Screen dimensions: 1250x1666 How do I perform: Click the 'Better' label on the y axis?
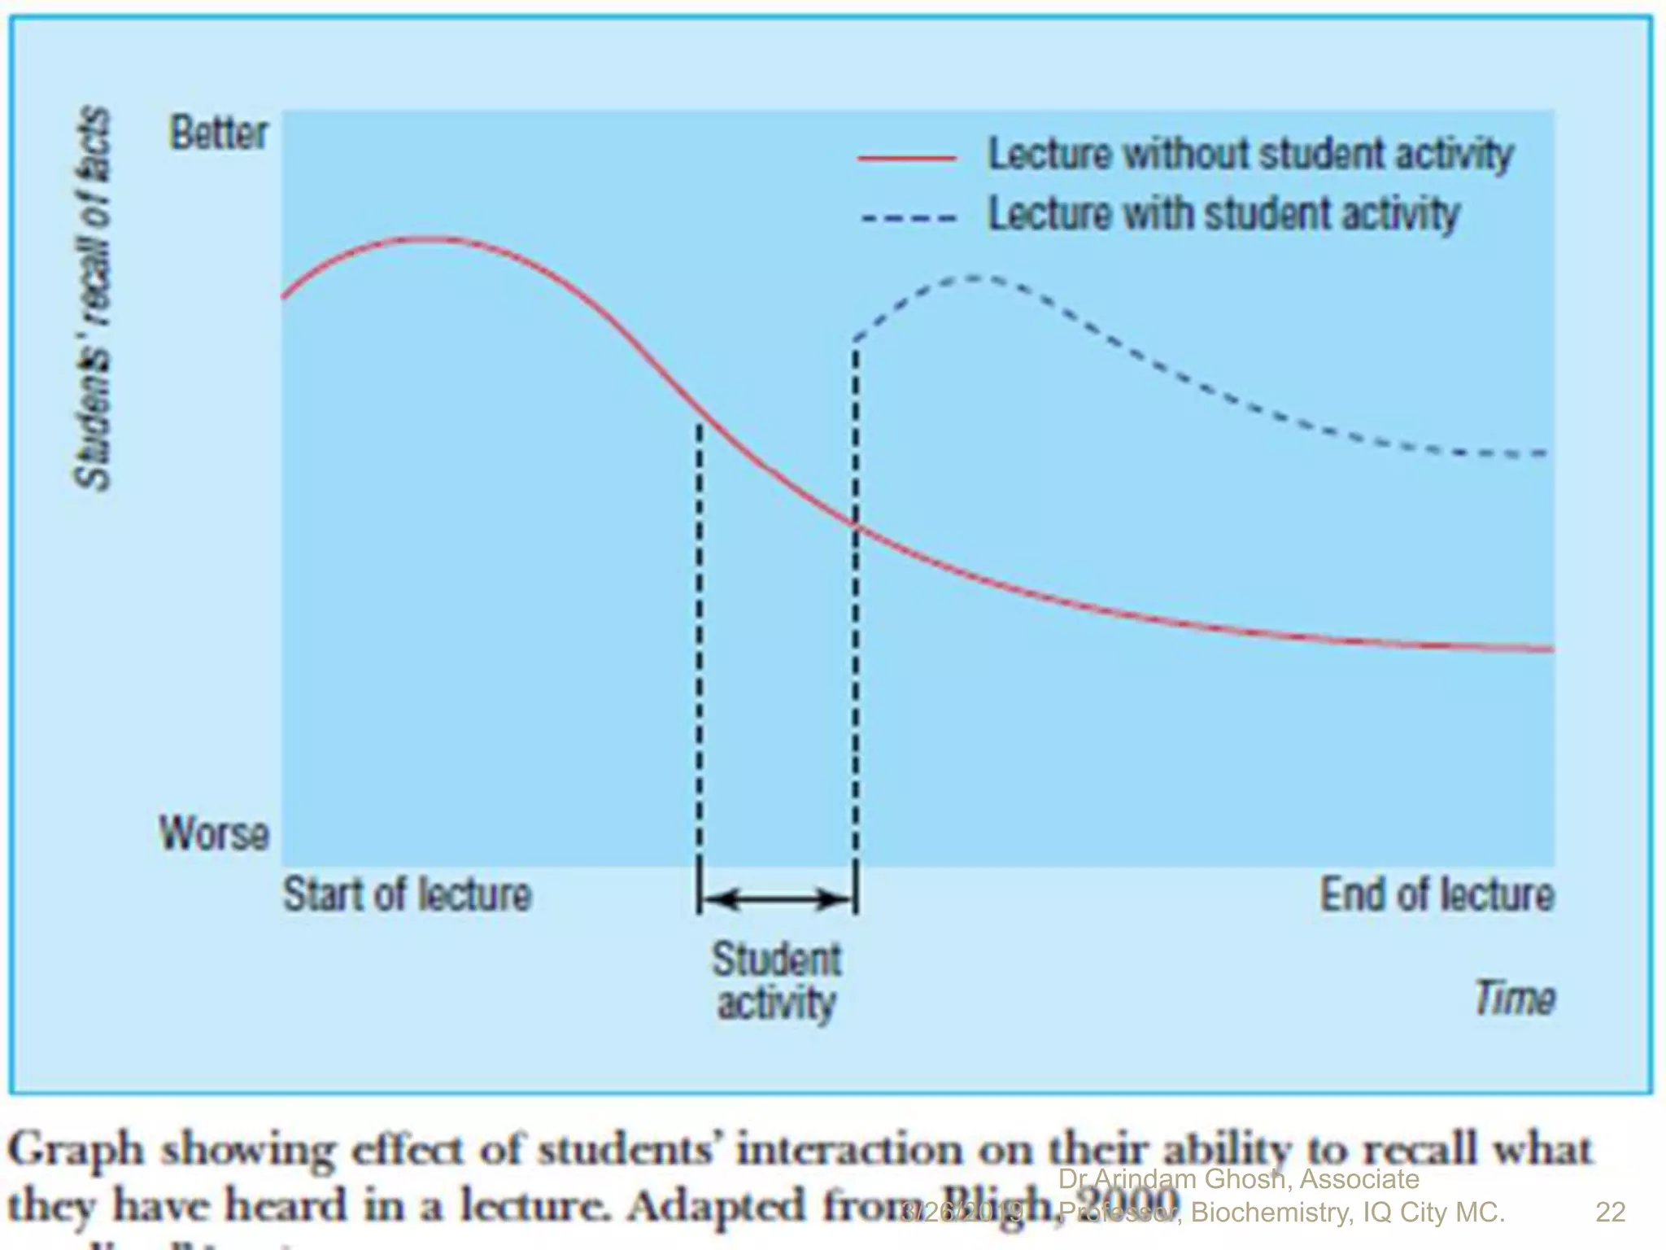click(218, 133)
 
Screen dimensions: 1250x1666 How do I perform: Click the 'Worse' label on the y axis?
click(214, 833)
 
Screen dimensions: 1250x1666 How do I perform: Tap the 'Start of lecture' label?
click(407, 894)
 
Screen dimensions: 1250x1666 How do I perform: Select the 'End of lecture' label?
click(1437, 894)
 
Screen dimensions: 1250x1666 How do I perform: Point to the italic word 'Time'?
click(1515, 998)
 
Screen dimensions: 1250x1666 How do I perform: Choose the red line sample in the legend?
click(907, 158)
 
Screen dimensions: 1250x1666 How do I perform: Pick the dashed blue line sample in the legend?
click(908, 218)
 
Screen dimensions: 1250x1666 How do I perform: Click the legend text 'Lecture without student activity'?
click(1250, 154)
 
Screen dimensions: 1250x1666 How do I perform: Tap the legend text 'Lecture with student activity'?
click(1223, 214)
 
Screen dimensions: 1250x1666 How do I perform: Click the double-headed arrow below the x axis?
click(777, 899)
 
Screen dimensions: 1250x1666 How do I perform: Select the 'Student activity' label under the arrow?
click(777, 981)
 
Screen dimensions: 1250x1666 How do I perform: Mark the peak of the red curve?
click(427, 238)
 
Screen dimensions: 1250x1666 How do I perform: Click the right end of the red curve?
click(1550, 649)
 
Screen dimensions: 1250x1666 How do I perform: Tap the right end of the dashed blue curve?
click(1544, 453)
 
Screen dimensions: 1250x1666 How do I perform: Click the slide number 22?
click(1610, 1212)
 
